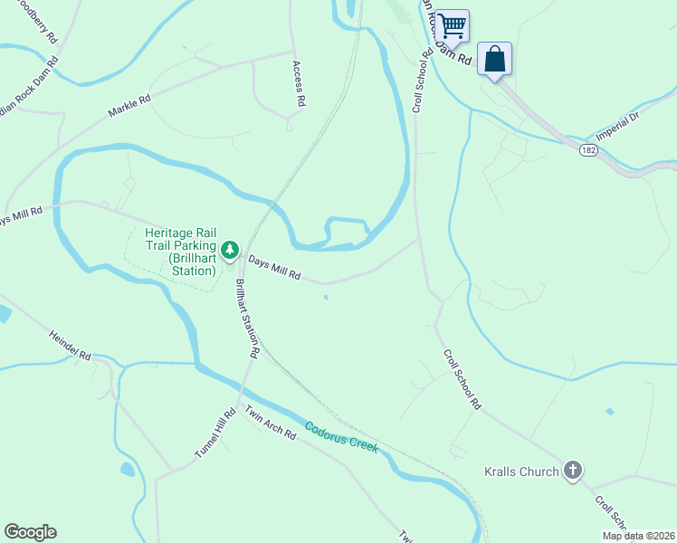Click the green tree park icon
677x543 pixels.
(231, 249)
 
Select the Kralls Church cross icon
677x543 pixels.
(572, 471)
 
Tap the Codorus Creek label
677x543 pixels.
(341, 438)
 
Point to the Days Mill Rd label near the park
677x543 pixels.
(274, 266)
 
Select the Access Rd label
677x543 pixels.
(296, 84)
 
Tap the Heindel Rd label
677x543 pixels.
(71, 344)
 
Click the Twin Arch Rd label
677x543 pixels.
(271, 422)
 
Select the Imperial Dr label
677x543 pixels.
(643, 127)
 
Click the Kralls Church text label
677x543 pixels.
(521, 472)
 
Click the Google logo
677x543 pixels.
(30, 532)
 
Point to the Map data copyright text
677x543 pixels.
(637, 536)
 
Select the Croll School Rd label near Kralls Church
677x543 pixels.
(462, 380)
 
